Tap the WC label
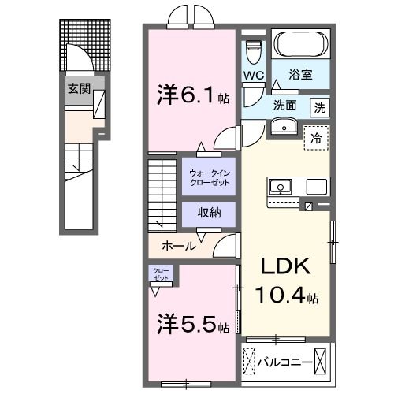253,76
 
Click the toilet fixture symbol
252,52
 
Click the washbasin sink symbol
282,127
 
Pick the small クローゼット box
161,275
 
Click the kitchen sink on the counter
281,187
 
